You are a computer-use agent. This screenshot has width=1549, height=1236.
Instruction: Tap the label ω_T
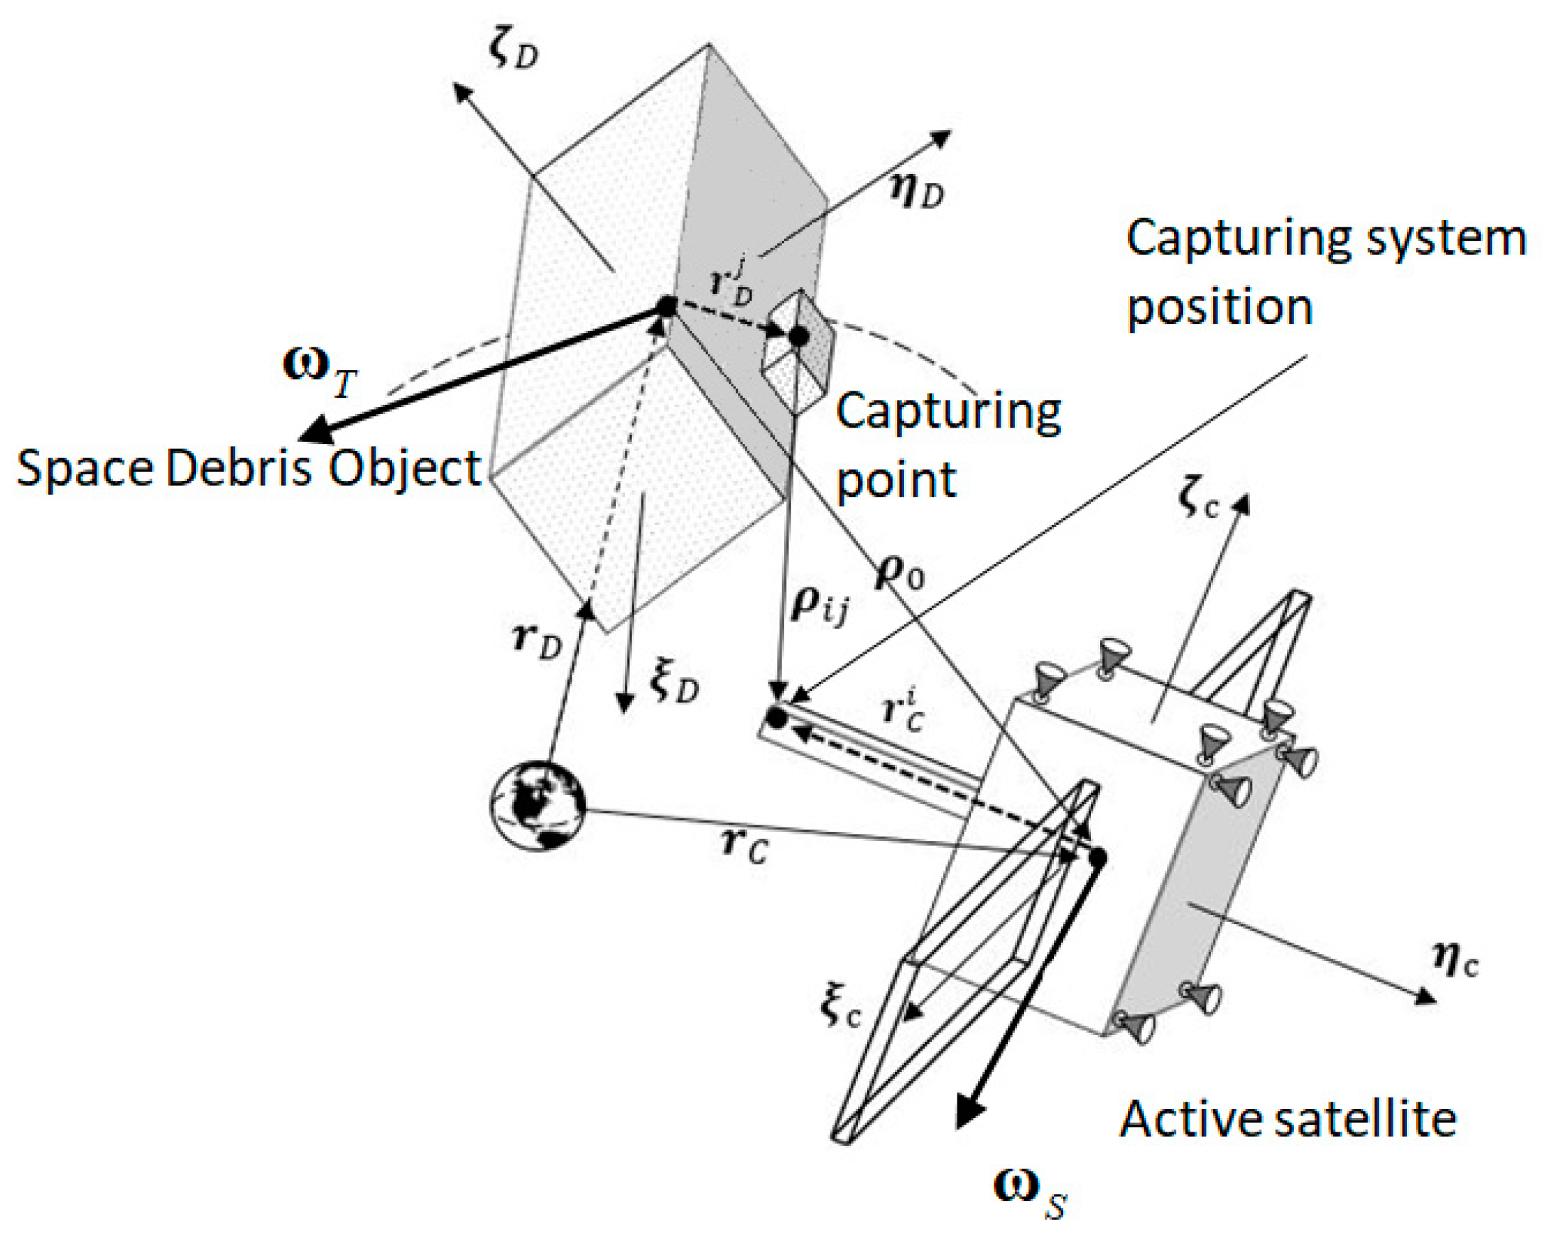click(320, 372)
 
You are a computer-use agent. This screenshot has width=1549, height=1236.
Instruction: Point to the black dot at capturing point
click(799, 335)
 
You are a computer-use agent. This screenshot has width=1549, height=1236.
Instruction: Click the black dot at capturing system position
click(776, 717)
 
